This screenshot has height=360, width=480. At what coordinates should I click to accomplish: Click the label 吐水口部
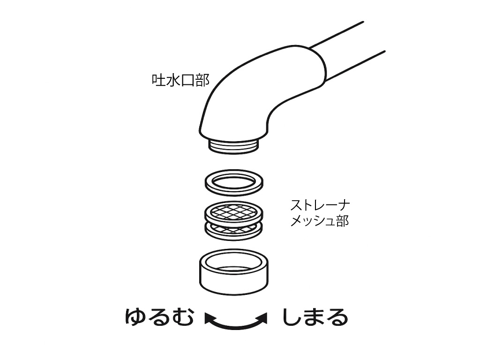[180, 80]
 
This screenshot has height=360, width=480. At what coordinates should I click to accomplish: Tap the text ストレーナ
[320, 205]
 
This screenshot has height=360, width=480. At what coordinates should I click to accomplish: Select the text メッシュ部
[320, 221]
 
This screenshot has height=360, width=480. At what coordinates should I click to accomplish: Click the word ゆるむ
[159, 317]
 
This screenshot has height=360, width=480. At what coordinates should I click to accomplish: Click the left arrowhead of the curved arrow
[210, 318]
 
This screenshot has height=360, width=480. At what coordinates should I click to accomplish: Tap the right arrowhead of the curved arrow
[262, 318]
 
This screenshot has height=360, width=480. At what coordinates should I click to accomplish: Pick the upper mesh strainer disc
[234, 212]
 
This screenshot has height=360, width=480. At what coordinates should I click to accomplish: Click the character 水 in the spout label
[173, 80]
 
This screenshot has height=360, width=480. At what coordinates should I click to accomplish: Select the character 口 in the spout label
[187, 81]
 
